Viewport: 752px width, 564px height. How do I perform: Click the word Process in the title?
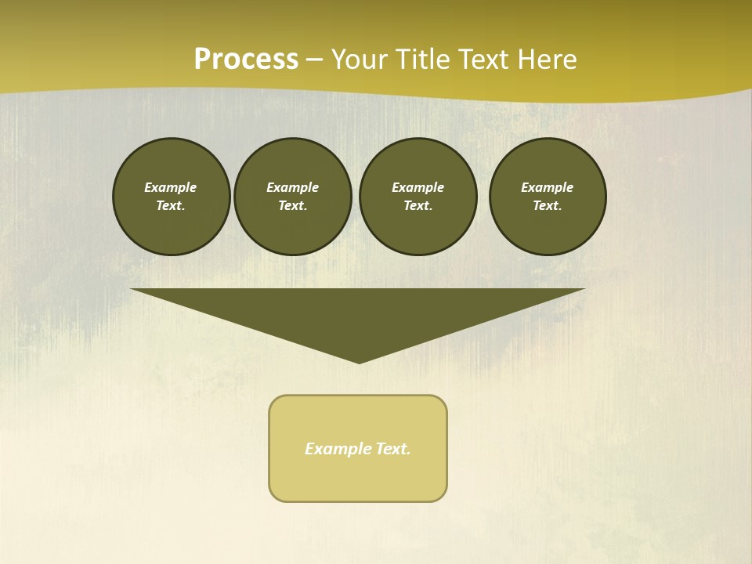tap(246, 60)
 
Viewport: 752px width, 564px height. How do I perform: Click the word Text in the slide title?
tap(483, 60)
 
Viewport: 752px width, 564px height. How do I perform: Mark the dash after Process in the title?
tap(314, 60)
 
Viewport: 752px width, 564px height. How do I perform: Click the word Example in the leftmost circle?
tap(171, 187)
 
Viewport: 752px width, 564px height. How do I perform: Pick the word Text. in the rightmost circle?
tap(548, 205)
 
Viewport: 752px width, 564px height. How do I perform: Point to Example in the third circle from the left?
tap(418, 187)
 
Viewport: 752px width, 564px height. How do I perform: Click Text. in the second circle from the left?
tap(292, 205)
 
